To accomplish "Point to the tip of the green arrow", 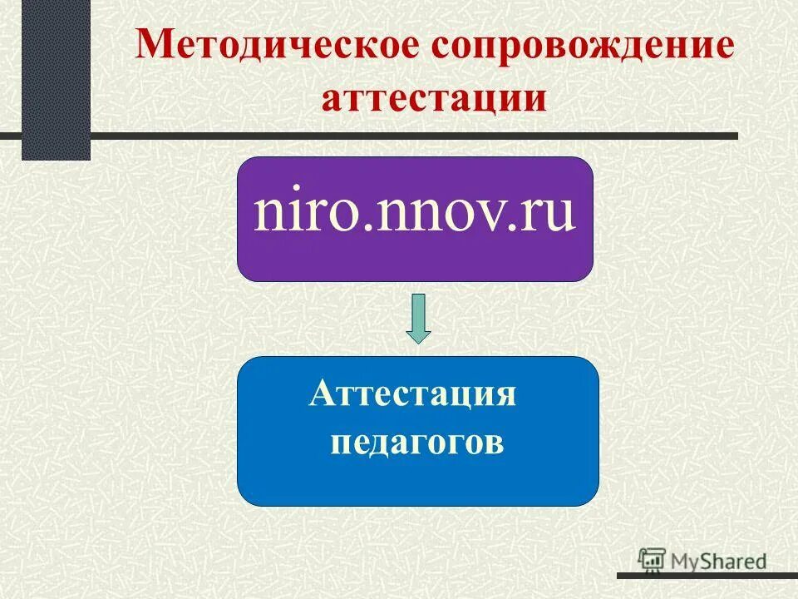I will [x=418, y=341].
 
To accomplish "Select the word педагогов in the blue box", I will [x=416, y=442].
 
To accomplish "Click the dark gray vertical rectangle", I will [x=56, y=80].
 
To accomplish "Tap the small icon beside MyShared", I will [x=652, y=560].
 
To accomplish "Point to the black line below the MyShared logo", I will [x=707, y=575].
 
